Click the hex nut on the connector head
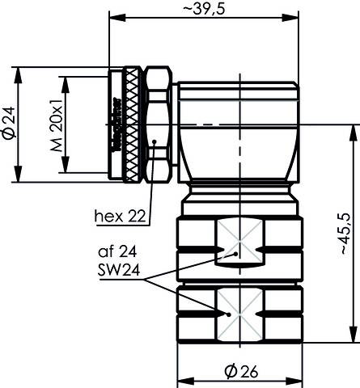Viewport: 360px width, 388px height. (157, 124)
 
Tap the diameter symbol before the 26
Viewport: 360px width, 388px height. (229, 371)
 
